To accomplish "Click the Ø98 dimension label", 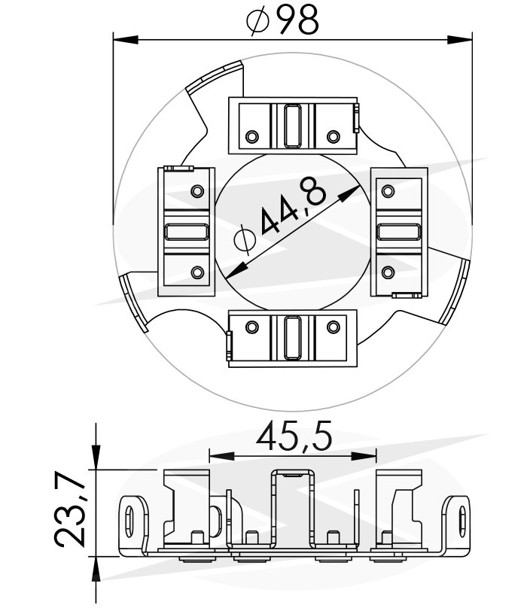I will point(283,22).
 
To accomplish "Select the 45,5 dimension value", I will point(294,436).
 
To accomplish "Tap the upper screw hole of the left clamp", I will point(197,191).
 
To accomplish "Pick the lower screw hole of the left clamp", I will point(197,272).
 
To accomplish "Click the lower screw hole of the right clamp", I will point(389,272).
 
